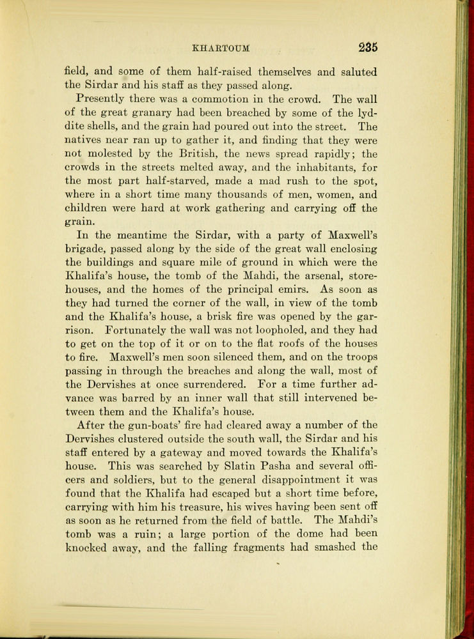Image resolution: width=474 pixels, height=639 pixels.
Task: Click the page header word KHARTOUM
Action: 220,47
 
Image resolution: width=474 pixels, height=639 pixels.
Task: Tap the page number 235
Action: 367,47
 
